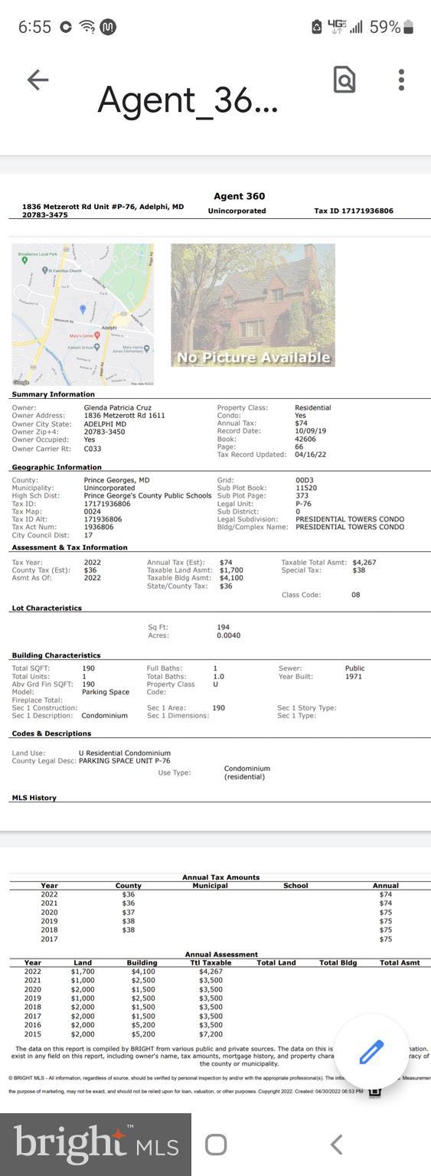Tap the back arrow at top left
[38, 80]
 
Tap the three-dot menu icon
[401, 80]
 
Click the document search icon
[344, 80]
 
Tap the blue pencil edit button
[371, 1052]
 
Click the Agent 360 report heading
[239, 196]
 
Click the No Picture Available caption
[253, 358]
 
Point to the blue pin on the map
[83, 309]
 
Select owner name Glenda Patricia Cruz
[117, 408]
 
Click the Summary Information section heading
[53, 394]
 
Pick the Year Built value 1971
[354, 677]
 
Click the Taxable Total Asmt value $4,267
[364, 563]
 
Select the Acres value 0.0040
[228, 635]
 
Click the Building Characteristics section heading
[56, 655]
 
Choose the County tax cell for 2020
[128, 912]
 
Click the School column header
[295, 886]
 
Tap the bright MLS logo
[96, 1144]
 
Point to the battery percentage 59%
[384, 27]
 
